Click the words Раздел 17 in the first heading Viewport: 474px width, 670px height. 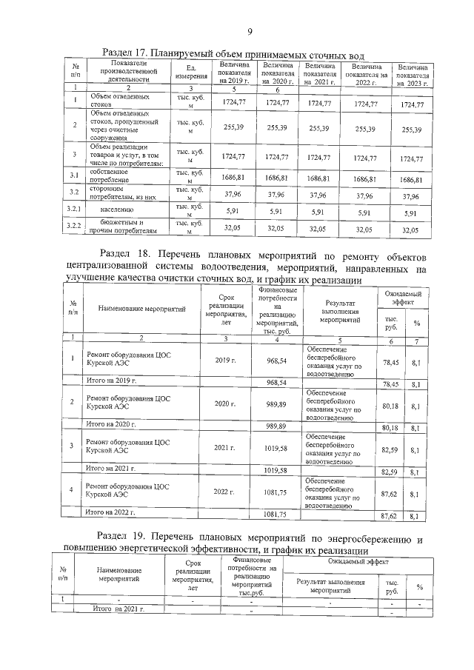127,54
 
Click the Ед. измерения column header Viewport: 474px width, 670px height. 186,74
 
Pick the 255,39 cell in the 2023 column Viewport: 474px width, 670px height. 411,130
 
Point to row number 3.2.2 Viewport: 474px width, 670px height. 76,227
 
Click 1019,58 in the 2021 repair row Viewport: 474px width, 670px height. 276,448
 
